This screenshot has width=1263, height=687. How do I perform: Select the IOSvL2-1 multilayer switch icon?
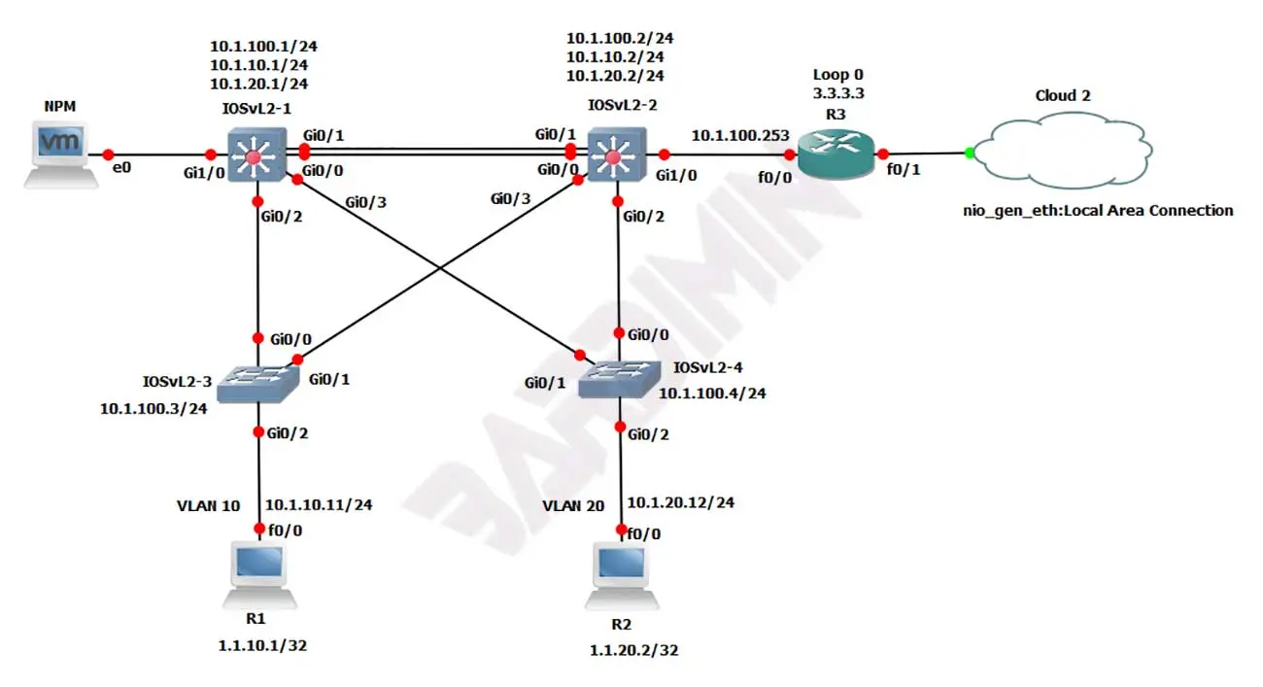click(256, 154)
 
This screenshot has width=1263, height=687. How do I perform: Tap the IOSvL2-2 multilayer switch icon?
click(615, 154)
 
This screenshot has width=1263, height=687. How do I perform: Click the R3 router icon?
click(836, 154)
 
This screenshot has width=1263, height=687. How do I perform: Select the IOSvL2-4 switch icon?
click(619, 379)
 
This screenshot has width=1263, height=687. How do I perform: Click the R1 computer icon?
click(258, 573)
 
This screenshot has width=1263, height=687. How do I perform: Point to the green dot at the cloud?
click(969, 153)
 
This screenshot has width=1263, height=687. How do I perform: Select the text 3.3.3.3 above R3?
click(837, 94)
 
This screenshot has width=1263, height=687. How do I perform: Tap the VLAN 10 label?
click(208, 505)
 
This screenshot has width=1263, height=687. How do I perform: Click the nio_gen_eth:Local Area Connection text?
click(1098, 210)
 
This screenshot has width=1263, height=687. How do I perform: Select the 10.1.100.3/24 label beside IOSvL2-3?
click(154, 408)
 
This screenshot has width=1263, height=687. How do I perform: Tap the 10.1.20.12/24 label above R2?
click(680, 502)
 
